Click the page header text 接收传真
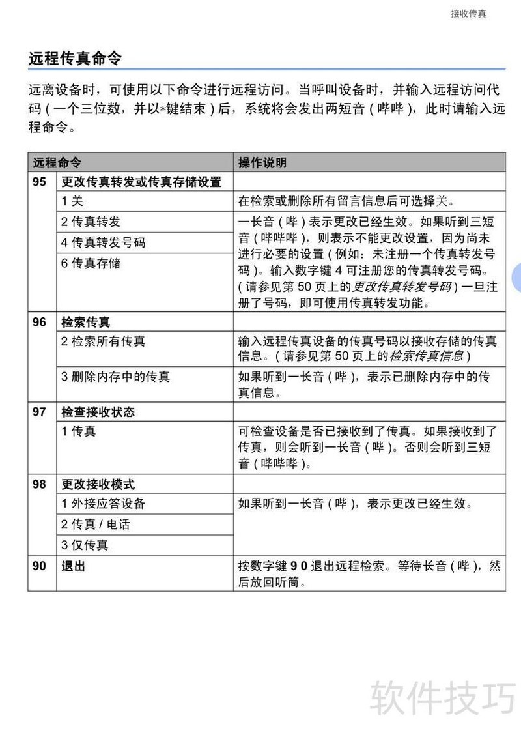468,14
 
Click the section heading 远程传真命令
75,59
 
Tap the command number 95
40,181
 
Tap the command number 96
40,322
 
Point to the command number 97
40,412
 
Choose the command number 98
40,484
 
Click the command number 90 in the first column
40,566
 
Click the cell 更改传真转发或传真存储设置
141,181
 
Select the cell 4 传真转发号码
103,242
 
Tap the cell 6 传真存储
91,263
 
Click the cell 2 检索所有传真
103,341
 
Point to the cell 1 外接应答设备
103,503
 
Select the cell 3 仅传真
85,545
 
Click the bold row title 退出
73,566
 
